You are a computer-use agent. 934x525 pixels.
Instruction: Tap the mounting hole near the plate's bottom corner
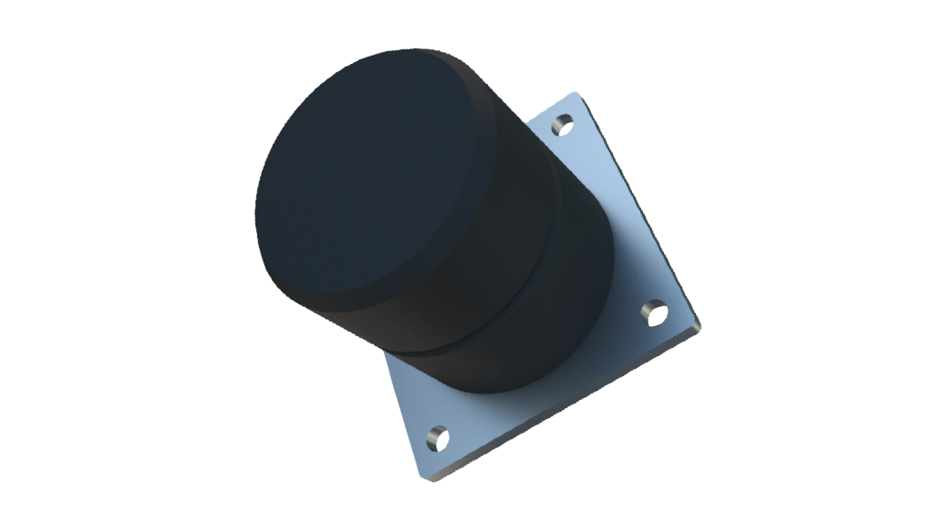coord(438,437)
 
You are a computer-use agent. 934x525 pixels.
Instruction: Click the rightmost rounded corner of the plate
coord(700,322)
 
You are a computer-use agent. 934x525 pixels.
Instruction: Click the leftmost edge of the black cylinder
coord(257,205)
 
